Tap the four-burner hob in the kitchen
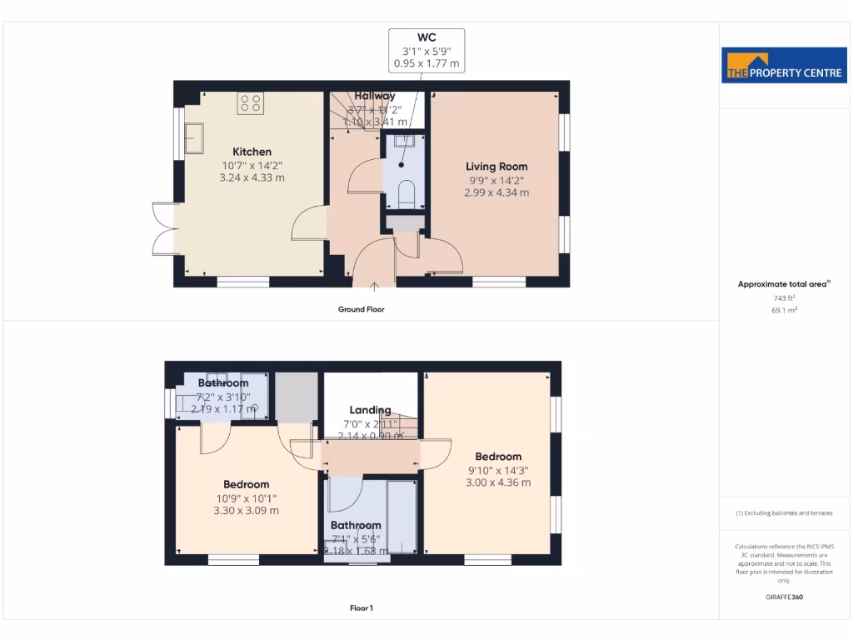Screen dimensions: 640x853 click(251, 103)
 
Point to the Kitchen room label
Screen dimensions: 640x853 click(252, 152)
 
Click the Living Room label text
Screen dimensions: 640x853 click(496, 167)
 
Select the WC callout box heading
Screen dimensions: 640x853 click(426, 37)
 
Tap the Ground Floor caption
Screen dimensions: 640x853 click(361, 309)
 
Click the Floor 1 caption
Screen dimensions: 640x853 click(361, 608)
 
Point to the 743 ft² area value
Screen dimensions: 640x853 click(783, 297)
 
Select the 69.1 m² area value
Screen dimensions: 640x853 click(783, 310)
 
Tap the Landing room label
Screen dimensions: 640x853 click(370, 410)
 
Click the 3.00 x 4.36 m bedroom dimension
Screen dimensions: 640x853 click(498, 482)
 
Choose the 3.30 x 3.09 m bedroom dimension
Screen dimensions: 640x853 click(247, 510)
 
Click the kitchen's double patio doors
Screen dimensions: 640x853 click(163, 227)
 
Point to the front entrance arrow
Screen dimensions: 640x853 click(374, 287)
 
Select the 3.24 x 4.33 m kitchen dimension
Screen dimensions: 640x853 click(252, 177)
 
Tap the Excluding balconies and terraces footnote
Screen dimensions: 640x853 click(784, 513)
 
